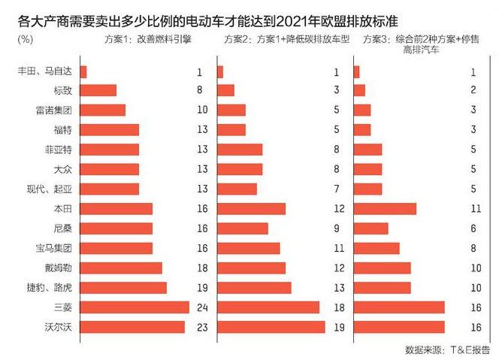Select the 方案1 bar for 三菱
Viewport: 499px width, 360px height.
134,307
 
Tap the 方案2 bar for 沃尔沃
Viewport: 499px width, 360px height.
271,326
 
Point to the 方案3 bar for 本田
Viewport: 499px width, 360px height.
384,209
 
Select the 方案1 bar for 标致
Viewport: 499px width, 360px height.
98,90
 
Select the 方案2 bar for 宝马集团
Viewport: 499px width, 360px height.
248,248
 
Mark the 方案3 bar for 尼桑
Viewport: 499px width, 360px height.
370,228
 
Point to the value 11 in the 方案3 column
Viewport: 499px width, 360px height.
474,209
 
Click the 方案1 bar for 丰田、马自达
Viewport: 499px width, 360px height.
83,72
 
